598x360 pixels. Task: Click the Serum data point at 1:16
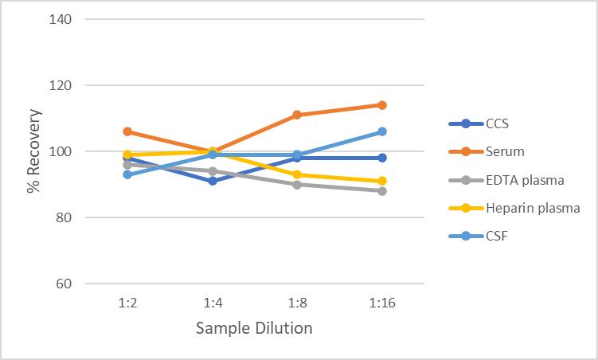[x=382, y=105]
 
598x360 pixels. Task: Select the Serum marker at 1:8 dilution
[x=297, y=115]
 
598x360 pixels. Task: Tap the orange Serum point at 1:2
[x=127, y=131]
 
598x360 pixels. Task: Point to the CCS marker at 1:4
[x=213, y=181]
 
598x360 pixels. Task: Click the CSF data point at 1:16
[x=382, y=131]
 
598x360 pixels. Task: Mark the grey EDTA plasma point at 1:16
[x=382, y=191]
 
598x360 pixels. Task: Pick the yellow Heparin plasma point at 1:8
[x=297, y=174]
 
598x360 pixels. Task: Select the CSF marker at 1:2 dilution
[x=127, y=174]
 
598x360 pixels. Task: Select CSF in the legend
[x=496, y=236]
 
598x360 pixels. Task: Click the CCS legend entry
[x=497, y=123]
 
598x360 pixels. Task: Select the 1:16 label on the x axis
[x=382, y=303]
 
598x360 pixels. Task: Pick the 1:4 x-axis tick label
[x=213, y=303]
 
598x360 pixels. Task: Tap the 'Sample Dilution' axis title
[x=254, y=328]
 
